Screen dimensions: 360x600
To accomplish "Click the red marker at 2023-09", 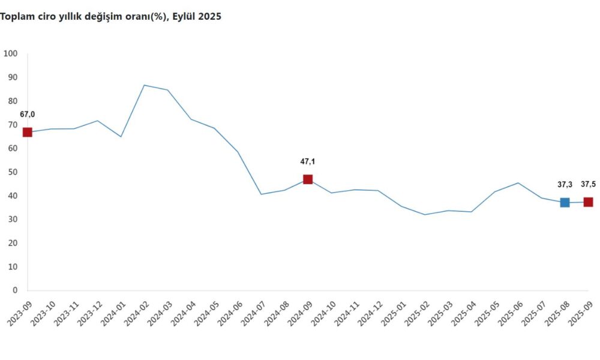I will [27, 132].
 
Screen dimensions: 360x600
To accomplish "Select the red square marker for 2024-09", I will [308, 179].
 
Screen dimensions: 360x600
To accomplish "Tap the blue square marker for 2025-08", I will [565, 202].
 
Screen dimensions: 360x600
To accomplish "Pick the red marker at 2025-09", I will [588, 202].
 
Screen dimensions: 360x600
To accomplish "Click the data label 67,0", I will [28, 115].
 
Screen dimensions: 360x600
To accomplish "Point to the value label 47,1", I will [308, 161].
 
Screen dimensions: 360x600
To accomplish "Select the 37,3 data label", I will [565, 185].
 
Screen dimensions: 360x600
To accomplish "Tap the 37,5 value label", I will [589, 185].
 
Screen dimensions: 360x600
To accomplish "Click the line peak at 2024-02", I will [144, 85].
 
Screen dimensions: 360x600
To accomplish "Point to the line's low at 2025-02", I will [425, 215].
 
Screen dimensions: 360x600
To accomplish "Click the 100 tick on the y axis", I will [11, 54].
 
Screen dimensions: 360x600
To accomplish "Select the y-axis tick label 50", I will [13, 172].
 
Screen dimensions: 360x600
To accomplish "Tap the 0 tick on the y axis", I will [15, 290].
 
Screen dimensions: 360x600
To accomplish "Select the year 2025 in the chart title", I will [210, 17].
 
